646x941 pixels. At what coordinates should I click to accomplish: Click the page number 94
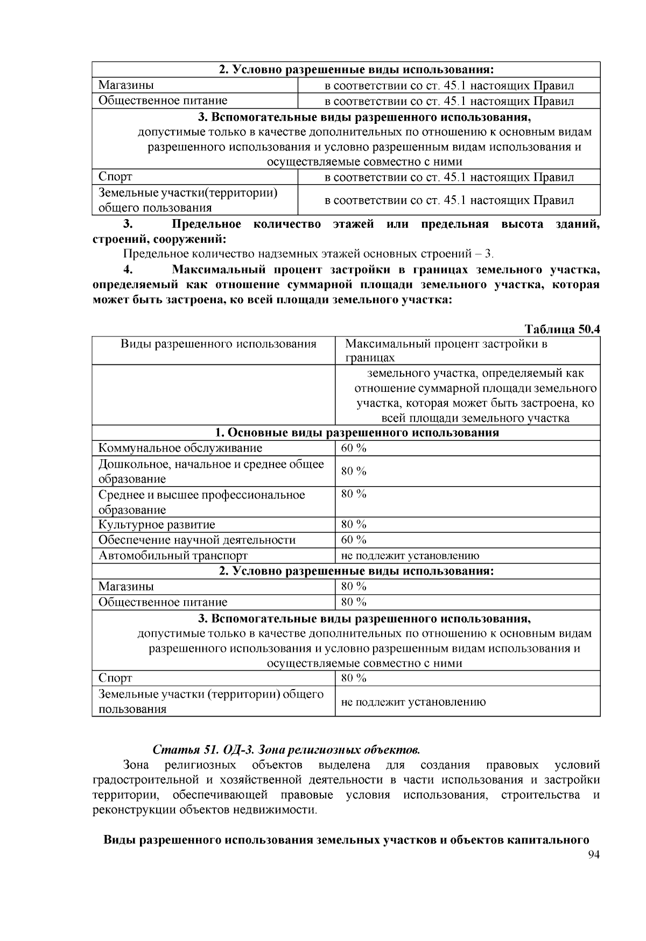(x=594, y=855)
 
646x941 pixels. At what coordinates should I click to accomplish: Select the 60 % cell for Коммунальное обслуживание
(x=354, y=448)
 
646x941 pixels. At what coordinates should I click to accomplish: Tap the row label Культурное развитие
(x=157, y=525)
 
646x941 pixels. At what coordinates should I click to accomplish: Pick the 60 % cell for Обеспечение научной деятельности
(x=354, y=540)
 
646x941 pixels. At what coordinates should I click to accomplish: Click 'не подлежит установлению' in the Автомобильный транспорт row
(x=410, y=556)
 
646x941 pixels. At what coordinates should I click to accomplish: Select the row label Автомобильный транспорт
(x=173, y=556)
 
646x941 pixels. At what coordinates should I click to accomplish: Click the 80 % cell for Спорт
(x=354, y=678)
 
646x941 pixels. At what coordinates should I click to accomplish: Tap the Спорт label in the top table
(x=115, y=177)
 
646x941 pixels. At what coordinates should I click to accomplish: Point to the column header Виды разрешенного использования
(x=218, y=344)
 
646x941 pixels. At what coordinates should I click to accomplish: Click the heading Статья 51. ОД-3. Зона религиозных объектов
(x=286, y=749)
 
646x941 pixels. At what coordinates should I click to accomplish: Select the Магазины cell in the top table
(x=126, y=86)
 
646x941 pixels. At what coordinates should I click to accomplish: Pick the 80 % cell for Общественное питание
(x=354, y=602)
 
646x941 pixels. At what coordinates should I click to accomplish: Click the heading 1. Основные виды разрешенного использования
(x=357, y=433)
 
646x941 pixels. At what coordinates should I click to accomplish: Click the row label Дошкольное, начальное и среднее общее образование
(x=211, y=472)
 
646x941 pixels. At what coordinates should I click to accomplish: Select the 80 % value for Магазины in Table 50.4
(x=354, y=586)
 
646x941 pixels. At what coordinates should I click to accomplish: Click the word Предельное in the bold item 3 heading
(x=206, y=224)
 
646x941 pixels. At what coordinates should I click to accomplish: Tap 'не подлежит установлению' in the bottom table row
(x=413, y=702)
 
